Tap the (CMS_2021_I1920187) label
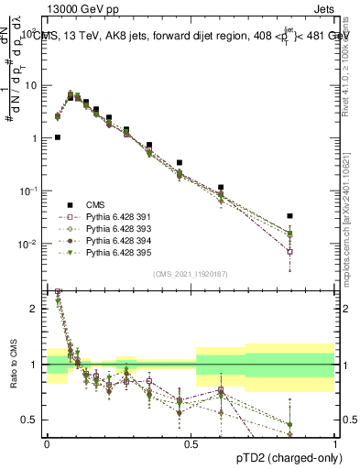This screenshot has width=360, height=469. tap(191, 273)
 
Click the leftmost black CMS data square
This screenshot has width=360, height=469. tap(58, 137)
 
